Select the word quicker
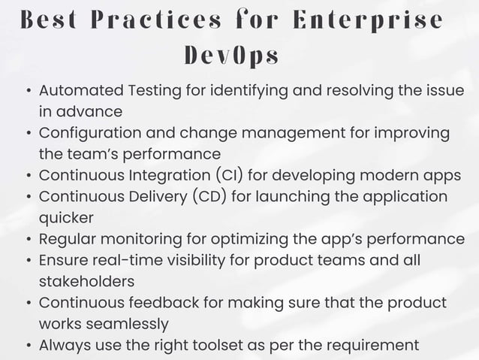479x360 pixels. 66,218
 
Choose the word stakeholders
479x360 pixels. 86,282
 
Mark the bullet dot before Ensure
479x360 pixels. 28,262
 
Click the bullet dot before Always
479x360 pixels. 28,346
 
